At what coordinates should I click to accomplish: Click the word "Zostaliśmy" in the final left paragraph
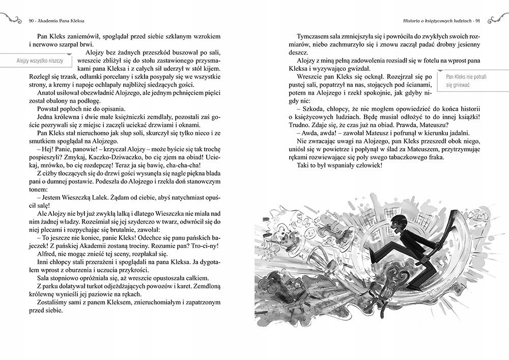(54, 302)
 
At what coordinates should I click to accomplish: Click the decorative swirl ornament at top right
(496, 20)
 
